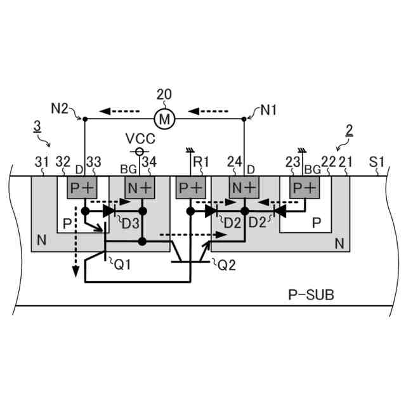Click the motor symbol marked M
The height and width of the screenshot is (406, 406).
165,118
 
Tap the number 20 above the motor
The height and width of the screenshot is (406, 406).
164,95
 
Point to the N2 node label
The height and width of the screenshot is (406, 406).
60,109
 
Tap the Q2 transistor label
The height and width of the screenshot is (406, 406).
228,265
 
